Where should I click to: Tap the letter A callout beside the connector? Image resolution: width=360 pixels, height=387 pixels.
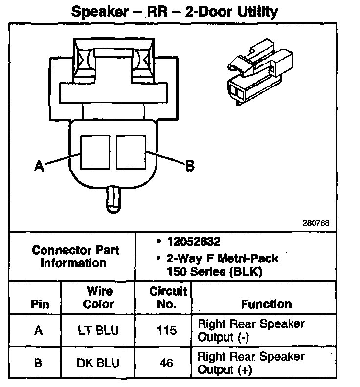40,167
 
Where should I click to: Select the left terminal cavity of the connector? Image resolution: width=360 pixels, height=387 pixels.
95,152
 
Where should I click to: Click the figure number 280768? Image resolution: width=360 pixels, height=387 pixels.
315,223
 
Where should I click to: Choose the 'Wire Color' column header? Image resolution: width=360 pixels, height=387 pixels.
99,298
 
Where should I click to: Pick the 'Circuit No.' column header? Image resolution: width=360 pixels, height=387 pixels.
168,298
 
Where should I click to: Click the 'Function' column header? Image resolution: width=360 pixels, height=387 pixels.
266,304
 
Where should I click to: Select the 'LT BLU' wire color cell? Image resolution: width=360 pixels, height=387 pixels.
99,331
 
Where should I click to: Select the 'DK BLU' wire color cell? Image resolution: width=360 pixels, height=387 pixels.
99,364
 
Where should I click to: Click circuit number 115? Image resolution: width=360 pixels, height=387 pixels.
167,331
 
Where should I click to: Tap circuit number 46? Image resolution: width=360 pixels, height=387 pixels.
167,364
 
